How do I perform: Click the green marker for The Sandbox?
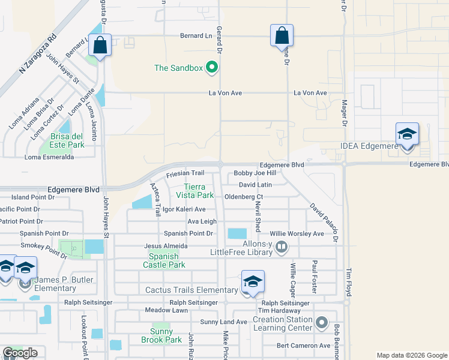[x=211, y=68]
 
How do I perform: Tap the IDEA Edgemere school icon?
[x=406, y=134]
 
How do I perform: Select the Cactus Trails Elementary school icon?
[x=253, y=281]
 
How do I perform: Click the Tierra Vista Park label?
[x=198, y=191]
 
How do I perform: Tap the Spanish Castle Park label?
[x=164, y=260]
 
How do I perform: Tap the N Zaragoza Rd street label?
[x=37, y=53]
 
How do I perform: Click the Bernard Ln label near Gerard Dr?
[x=196, y=36]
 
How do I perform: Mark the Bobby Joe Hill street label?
[x=255, y=173]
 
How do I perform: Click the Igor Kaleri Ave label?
[x=180, y=209]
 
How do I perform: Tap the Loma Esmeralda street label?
[x=49, y=157]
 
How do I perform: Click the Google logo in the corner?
[x=20, y=353]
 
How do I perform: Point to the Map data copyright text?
[x=412, y=355]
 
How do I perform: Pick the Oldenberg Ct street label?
[x=244, y=197]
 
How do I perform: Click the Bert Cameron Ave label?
[x=304, y=346]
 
